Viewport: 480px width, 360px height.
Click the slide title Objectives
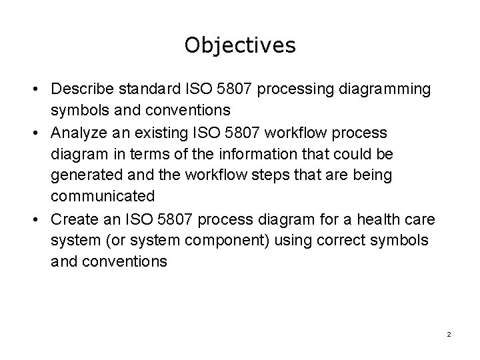240,45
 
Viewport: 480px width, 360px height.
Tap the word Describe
81,89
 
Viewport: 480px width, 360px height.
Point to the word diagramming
387,89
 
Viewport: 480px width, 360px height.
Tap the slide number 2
449,333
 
